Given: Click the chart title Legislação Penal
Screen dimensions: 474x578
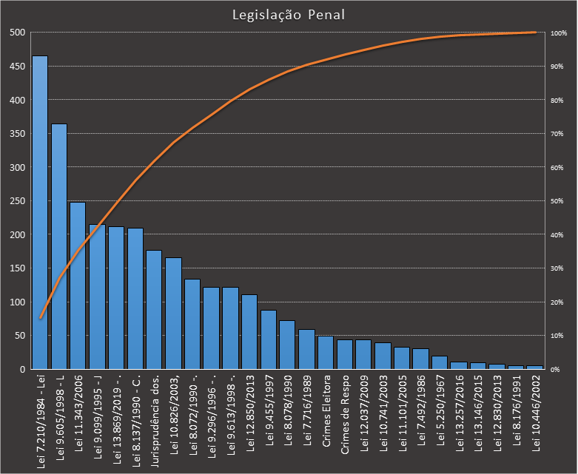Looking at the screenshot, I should [x=288, y=15].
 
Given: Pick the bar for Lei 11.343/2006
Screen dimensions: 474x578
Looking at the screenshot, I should [x=78, y=285].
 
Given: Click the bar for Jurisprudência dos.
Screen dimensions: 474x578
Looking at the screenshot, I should [x=154, y=310].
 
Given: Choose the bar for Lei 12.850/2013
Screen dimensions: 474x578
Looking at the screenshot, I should [x=249, y=332].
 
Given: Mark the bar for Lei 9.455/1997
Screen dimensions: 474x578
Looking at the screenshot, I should [x=269, y=339].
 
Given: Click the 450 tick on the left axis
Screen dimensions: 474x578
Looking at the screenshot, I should [x=19, y=67].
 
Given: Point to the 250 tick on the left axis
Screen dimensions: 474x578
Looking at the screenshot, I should [x=19, y=201].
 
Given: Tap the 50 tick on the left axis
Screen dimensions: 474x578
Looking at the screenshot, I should [x=21, y=336].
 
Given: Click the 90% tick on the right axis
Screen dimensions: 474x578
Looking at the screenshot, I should [x=557, y=67].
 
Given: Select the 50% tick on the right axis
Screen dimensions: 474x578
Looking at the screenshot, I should [x=557, y=201].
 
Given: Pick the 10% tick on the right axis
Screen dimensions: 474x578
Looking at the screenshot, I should [x=557, y=336].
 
